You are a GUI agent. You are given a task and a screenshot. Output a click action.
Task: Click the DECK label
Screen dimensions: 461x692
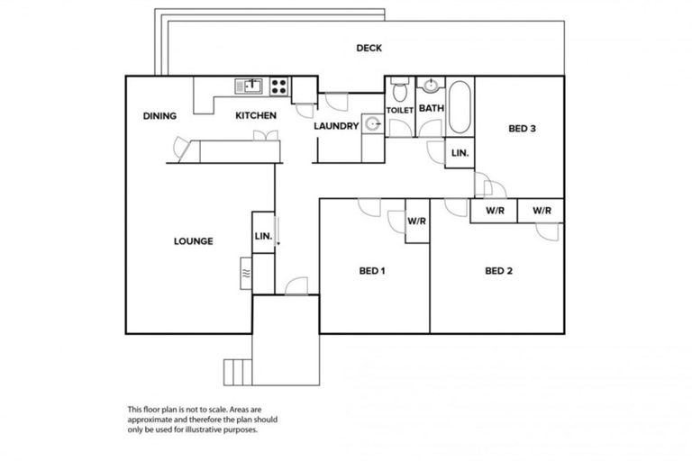pos(369,49)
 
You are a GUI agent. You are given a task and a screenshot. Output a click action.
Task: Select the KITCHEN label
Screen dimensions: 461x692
pos(256,115)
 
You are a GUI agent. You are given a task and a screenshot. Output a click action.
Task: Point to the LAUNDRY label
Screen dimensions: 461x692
pos(336,126)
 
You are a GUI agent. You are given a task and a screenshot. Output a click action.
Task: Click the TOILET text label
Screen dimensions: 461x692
pos(399,110)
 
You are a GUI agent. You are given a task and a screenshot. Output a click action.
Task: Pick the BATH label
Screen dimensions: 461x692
pos(431,109)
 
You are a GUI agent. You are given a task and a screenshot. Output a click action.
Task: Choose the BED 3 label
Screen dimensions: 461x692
pos(523,129)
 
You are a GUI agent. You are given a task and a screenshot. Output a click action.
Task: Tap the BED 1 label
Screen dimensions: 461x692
pos(372,270)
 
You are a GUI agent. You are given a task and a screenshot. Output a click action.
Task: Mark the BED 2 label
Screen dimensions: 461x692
pos(498,270)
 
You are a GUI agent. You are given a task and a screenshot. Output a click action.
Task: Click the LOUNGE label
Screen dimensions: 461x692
pos(193,241)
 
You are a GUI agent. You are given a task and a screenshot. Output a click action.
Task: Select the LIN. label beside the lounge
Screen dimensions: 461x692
pos(263,235)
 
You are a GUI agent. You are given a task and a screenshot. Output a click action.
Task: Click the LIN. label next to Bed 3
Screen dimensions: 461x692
pos(460,154)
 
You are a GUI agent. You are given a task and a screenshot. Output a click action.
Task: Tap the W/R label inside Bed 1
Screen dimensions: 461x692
pos(416,220)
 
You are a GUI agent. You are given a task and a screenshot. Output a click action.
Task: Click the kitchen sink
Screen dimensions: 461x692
pos(249,86)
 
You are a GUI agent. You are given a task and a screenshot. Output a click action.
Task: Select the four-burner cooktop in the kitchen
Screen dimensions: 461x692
pos(279,86)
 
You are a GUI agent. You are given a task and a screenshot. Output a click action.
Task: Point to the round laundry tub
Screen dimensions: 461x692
pos(372,125)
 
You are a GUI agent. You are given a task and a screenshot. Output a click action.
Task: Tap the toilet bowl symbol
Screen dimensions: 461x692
pos(400,89)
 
